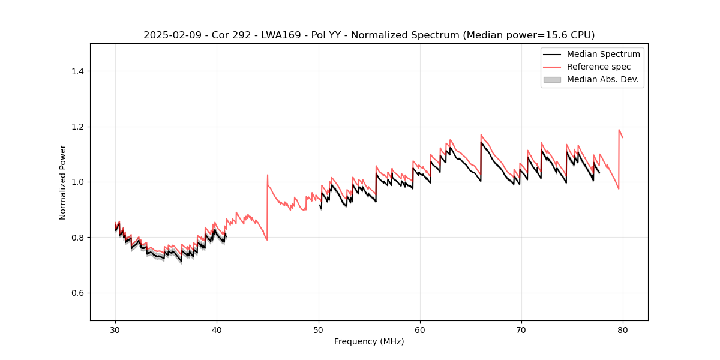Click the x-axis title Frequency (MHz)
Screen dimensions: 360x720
(369, 341)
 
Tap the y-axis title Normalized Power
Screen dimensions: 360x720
(63, 182)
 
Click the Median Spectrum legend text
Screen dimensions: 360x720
(603, 54)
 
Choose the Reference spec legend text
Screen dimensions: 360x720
(598, 67)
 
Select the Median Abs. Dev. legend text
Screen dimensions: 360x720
(602, 79)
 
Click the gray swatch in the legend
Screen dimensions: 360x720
(551, 79)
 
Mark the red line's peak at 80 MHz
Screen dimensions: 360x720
(619, 130)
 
